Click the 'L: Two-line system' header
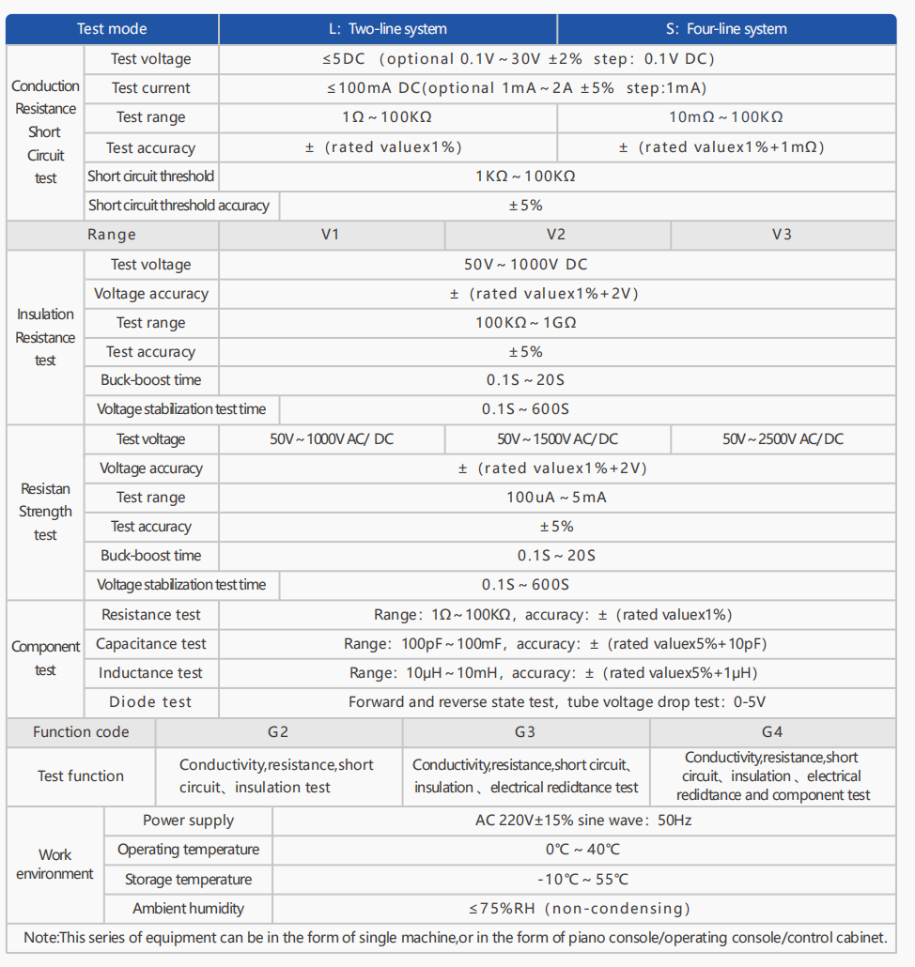tap(387, 29)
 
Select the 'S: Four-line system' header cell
tap(726, 29)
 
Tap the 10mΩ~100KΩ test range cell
tap(726, 117)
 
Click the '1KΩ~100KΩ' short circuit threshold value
tap(525, 176)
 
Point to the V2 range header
tap(556, 234)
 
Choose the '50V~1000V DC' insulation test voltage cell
tap(525, 265)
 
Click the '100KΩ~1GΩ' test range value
tap(525, 323)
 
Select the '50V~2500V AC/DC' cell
tap(783, 438)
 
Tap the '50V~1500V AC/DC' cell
tap(557, 438)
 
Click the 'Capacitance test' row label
tap(151, 644)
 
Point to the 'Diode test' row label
tap(150, 701)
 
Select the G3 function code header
tap(525, 732)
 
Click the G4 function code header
tap(772, 732)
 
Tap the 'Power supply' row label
tap(188, 821)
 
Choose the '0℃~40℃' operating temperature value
tap(582, 850)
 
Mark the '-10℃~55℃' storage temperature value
tap(582, 879)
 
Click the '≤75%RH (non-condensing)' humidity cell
tap(582, 908)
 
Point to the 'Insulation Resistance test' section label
tap(45, 337)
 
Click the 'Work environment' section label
tap(54, 864)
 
